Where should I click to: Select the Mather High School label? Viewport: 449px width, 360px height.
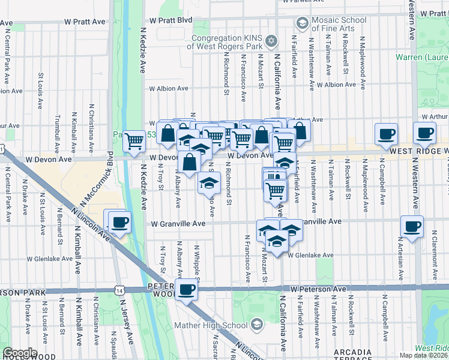coord(211,326)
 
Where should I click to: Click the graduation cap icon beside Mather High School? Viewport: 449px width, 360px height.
coord(257,325)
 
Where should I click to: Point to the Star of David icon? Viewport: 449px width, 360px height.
coord(271,41)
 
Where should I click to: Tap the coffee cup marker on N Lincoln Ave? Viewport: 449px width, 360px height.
coord(119,223)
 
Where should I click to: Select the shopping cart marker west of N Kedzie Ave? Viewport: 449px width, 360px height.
coord(135,141)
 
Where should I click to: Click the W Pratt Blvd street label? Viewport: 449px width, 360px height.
coord(170,20)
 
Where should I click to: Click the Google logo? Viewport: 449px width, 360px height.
coord(20,353)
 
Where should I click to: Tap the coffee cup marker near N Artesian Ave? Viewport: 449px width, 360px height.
coord(412,226)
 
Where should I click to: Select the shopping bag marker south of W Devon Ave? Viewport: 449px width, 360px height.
coord(190,161)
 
